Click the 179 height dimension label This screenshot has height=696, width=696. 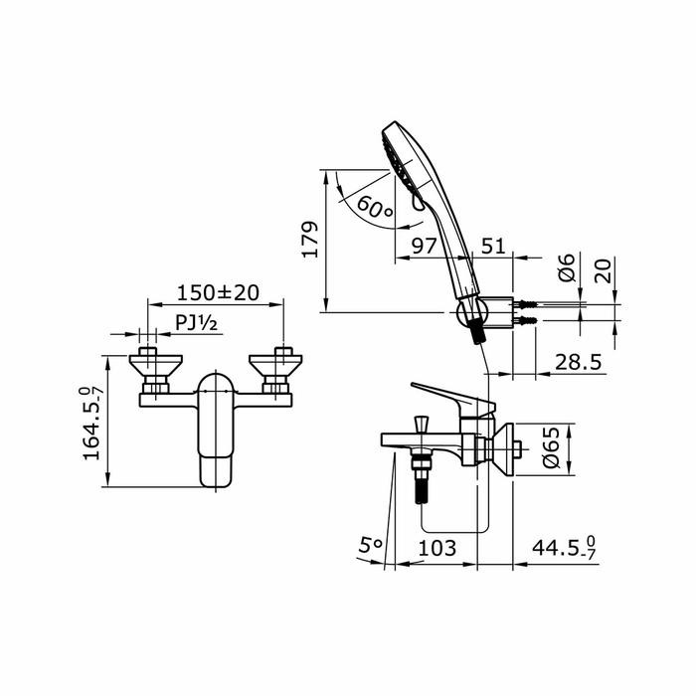pos(311,240)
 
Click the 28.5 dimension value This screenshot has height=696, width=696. pos(577,362)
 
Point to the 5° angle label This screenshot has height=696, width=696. pos(370,545)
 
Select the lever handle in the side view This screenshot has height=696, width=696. pos(448,395)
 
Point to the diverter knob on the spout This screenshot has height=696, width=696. pos(421,425)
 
